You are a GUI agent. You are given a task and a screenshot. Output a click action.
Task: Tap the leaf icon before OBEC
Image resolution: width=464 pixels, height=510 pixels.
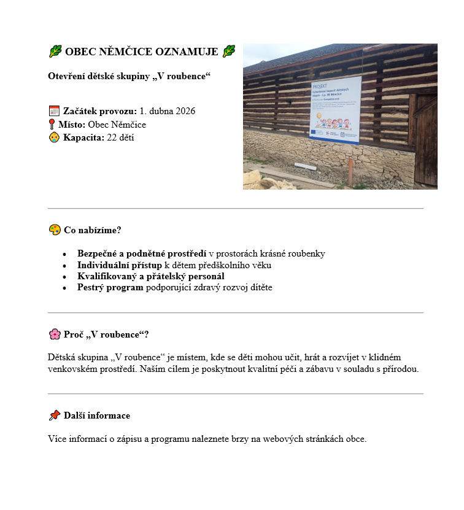click(x=55, y=52)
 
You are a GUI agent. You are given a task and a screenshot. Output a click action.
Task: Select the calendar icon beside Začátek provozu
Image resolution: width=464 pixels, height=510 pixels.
click(x=54, y=111)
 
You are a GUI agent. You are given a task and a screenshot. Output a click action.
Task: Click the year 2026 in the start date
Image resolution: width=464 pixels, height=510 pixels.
click(x=185, y=111)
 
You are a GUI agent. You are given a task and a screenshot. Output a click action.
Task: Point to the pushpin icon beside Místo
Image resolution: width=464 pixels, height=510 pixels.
click(x=52, y=125)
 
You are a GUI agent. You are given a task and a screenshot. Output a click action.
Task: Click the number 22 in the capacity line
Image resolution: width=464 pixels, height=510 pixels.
click(x=111, y=137)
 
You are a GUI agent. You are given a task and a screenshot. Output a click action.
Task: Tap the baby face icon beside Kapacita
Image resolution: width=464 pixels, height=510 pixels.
click(x=54, y=137)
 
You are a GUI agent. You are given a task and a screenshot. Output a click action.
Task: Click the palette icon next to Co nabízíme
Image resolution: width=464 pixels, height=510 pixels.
click(x=55, y=230)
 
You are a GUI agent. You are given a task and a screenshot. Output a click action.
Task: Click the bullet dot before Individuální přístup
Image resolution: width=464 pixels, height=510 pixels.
click(x=64, y=266)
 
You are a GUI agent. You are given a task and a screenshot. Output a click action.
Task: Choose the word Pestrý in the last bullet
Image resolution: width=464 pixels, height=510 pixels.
click(x=91, y=287)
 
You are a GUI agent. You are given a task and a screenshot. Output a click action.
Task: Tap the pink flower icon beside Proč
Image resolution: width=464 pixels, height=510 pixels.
click(x=55, y=334)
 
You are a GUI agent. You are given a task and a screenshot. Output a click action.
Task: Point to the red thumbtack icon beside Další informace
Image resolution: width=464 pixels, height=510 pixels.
click(x=55, y=415)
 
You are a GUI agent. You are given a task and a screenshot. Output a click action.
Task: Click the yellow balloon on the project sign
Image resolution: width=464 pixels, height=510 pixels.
click(x=319, y=115)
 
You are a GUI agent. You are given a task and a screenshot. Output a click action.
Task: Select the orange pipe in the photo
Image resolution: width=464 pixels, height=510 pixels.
click(x=350, y=171)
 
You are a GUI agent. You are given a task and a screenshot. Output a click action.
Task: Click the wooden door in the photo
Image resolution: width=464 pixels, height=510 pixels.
click(x=426, y=147)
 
